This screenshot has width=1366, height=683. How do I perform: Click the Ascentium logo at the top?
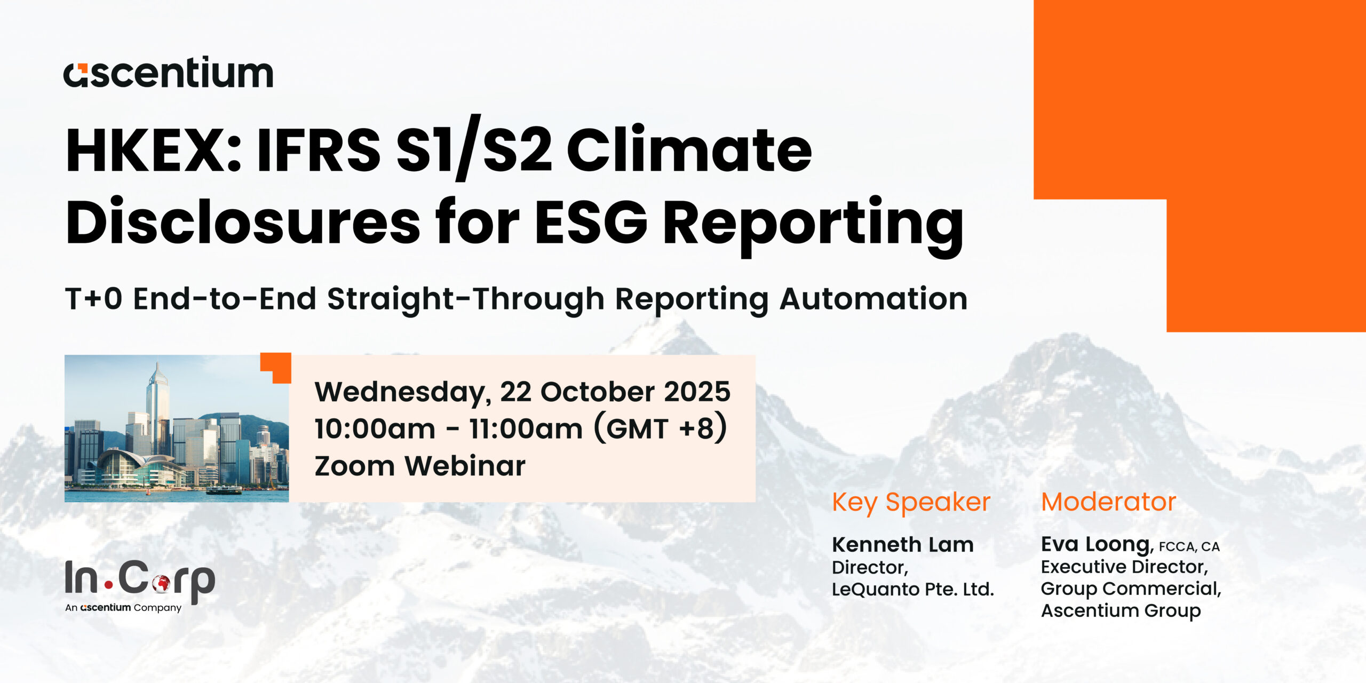[x=168, y=72]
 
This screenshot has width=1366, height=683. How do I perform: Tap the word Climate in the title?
[x=689, y=150]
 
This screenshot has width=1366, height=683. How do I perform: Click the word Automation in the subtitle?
[x=873, y=298]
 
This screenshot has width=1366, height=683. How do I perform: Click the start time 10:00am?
[x=375, y=429]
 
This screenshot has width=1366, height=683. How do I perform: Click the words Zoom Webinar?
[x=420, y=466]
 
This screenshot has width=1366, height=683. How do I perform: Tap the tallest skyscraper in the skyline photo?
[x=158, y=408]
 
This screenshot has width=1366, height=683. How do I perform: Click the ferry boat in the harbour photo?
[x=224, y=489]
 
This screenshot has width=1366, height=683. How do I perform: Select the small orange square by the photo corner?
[x=276, y=368]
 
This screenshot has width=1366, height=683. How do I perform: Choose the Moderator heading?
[x=1108, y=502]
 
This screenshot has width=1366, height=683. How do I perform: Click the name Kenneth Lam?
[x=903, y=545]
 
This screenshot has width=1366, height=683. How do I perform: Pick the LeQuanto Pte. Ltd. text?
[x=912, y=589]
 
